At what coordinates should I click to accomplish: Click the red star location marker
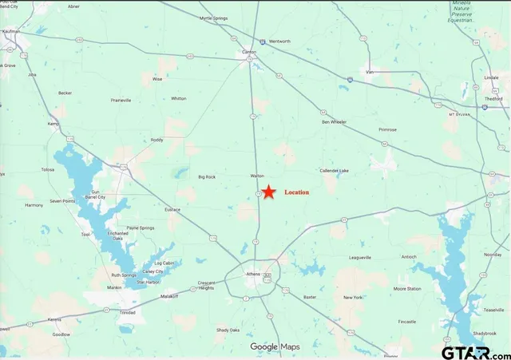point(270,192)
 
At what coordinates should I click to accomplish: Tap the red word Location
point(296,192)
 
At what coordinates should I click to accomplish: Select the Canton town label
point(249,53)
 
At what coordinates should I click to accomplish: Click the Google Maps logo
point(275,346)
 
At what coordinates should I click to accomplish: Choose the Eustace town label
point(172,209)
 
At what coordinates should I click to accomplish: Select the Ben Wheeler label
point(334,122)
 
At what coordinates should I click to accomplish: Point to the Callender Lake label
point(334,170)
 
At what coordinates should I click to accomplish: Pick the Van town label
point(368,70)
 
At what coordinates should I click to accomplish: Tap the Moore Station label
point(406,288)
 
